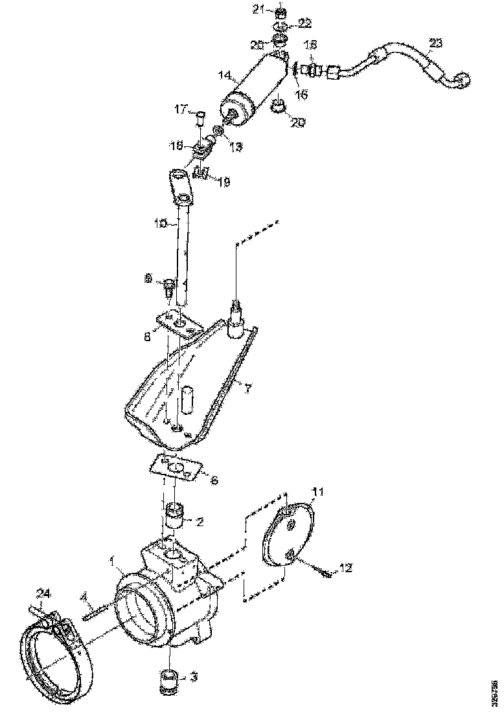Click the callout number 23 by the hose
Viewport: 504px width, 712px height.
point(435,44)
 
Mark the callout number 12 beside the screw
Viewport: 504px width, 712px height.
point(345,568)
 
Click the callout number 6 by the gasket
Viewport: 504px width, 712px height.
point(214,480)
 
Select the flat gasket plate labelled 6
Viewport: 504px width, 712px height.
point(176,467)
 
